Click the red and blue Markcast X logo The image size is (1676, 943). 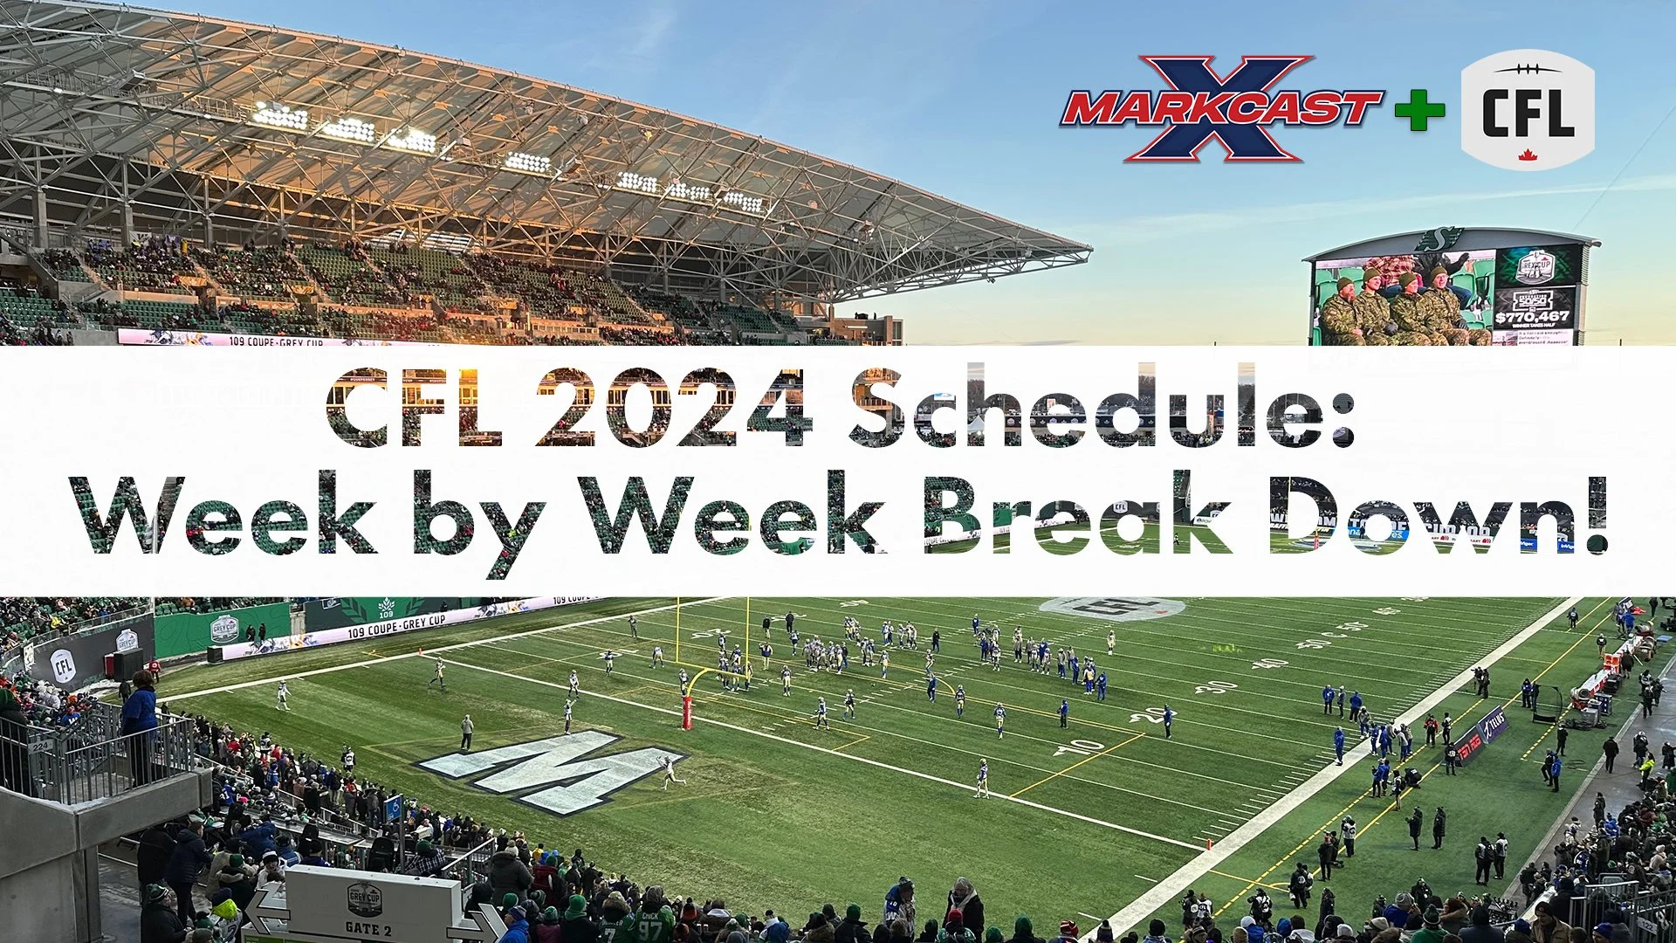pos(1220,109)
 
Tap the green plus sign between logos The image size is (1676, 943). pos(1419,111)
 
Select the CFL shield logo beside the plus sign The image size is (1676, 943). pos(1528,110)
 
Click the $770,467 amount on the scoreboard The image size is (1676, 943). pos(1531,317)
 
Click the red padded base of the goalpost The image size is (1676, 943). pos(687,712)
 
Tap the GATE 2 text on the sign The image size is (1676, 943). pos(367,928)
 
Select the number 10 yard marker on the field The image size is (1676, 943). pos(1080,747)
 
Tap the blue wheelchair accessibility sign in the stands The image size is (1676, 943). pos(394,807)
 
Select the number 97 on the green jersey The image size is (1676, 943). pos(649,929)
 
